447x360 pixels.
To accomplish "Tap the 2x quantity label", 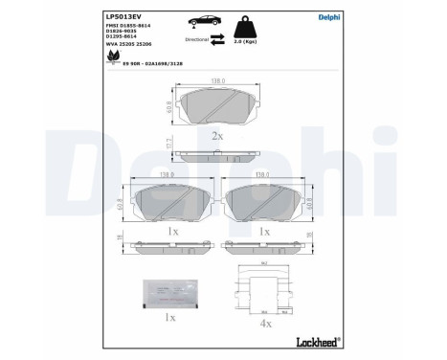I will click(x=216, y=136).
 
